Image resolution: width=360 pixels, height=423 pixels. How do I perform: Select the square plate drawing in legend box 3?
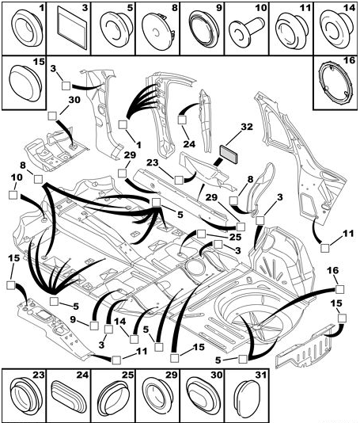pos(72,28)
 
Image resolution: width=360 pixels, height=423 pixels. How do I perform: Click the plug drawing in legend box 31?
pos(248,398)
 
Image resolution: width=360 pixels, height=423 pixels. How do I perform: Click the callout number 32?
pos(247,127)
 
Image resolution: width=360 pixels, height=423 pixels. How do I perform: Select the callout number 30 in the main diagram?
pos(74,100)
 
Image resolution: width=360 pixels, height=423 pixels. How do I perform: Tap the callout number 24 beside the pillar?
pos(189,144)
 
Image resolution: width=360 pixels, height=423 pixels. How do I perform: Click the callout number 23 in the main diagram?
pos(153,162)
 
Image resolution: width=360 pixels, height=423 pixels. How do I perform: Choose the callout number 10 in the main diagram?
pos(17,177)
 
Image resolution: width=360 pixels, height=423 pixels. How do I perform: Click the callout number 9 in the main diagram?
pos(73,320)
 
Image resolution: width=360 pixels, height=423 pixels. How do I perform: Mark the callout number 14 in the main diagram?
pos(119,322)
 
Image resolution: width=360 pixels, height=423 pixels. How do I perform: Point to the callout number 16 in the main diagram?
pos(334,270)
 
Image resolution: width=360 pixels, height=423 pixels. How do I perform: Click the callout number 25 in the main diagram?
pos(235,237)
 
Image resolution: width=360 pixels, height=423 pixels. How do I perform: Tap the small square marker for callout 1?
pos(123,124)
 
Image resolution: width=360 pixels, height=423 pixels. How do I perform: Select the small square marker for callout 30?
pos(52,116)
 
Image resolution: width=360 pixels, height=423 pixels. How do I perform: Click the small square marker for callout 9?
pos(94,326)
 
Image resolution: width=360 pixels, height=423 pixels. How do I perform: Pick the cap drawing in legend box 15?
pos(25,83)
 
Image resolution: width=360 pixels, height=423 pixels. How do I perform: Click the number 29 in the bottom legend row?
pos(172,375)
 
